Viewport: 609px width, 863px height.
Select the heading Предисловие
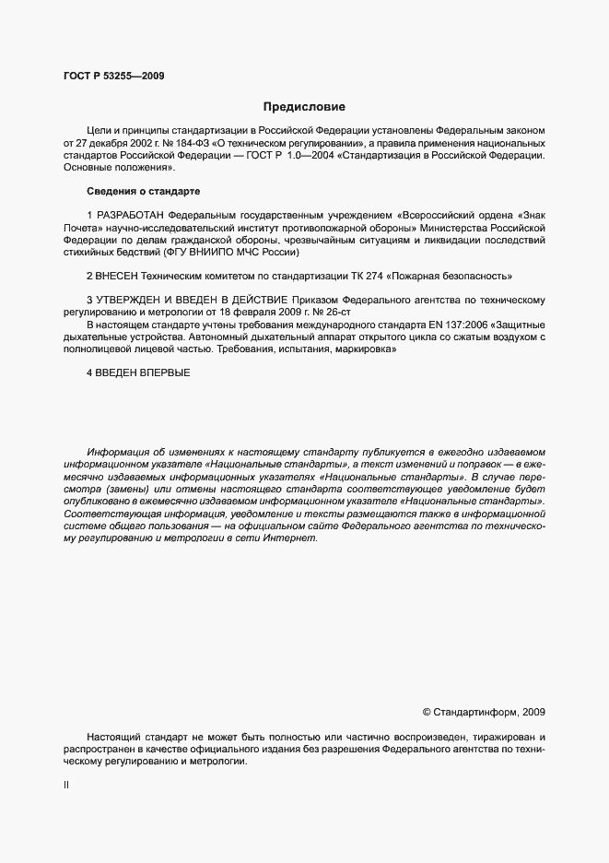click(x=304, y=107)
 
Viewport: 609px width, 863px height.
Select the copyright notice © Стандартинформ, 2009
click(x=484, y=712)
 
